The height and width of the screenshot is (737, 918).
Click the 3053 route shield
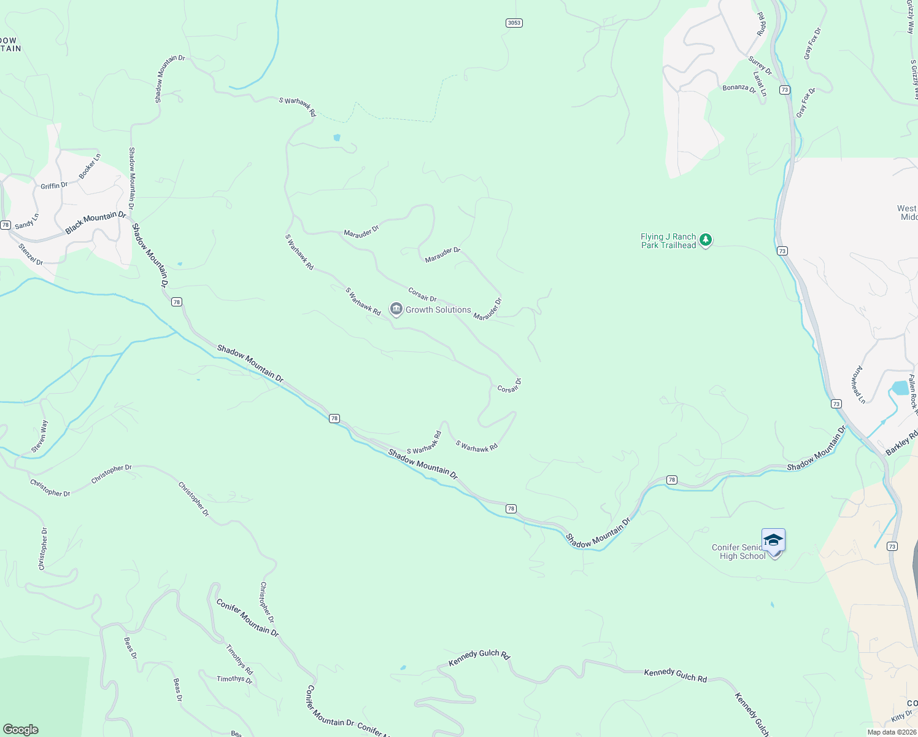point(514,23)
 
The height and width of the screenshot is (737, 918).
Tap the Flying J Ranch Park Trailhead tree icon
point(706,240)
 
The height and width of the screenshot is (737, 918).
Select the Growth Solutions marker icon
point(396,309)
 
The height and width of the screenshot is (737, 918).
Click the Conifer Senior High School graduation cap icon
point(773,541)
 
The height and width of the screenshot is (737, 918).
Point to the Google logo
point(20,729)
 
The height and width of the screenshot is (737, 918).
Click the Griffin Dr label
point(54,185)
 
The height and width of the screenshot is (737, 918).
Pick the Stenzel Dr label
point(31,255)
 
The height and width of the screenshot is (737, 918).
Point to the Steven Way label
point(40,436)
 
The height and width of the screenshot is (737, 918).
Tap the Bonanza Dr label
point(739,88)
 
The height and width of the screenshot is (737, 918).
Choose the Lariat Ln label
point(760,84)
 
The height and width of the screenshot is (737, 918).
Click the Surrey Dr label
point(760,65)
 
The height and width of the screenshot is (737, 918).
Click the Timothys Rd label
point(239,660)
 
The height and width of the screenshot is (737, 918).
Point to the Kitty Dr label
point(902,716)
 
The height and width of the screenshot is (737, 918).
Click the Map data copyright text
point(892,732)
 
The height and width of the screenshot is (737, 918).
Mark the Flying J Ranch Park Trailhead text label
point(668,241)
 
